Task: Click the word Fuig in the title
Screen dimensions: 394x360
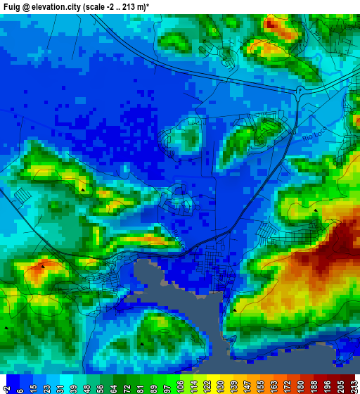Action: coord(12,6)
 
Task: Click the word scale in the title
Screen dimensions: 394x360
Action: coord(96,6)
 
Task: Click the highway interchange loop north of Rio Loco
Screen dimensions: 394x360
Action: coord(300,91)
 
